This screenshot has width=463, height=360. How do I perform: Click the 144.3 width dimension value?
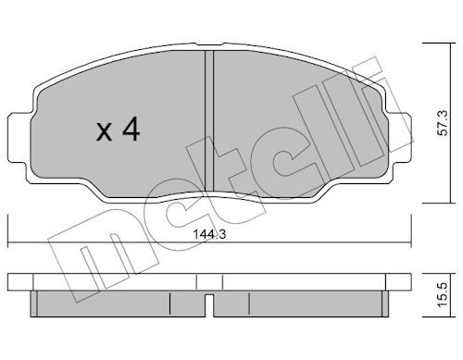coord(209,234)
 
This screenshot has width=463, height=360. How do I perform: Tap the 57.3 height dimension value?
coord(444,122)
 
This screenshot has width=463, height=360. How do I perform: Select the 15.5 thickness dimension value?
coord(444,295)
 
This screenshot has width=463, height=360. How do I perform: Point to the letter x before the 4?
coord(104,133)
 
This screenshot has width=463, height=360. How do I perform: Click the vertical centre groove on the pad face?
coord(209,121)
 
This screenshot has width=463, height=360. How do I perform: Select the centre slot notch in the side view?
coord(209,305)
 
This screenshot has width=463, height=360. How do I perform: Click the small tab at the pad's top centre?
coord(209,45)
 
